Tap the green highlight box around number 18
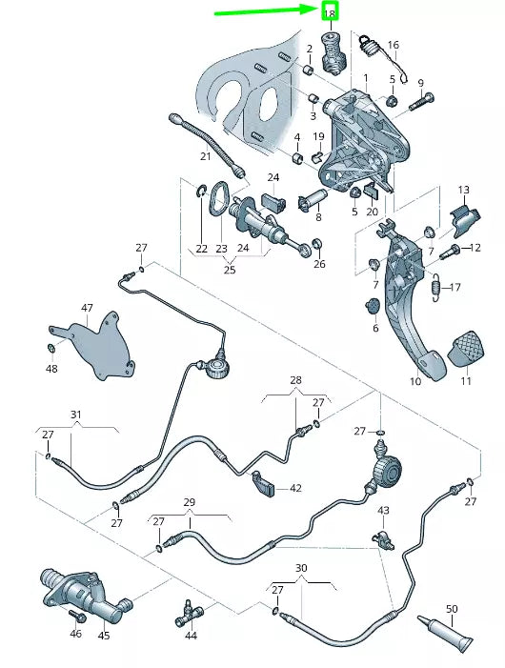[330, 12]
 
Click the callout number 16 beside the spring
[394, 45]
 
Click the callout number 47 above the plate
[88, 308]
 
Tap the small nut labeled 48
[50, 348]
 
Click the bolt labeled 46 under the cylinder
[76, 615]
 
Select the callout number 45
[104, 636]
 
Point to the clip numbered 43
[384, 539]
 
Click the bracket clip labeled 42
[265, 484]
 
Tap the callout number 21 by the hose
[206, 156]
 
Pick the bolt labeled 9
[421, 102]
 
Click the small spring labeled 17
[434, 287]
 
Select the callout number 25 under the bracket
[230, 270]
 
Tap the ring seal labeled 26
[317, 245]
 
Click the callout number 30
[301, 568]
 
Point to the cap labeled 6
[373, 306]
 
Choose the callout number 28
[296, 379]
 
